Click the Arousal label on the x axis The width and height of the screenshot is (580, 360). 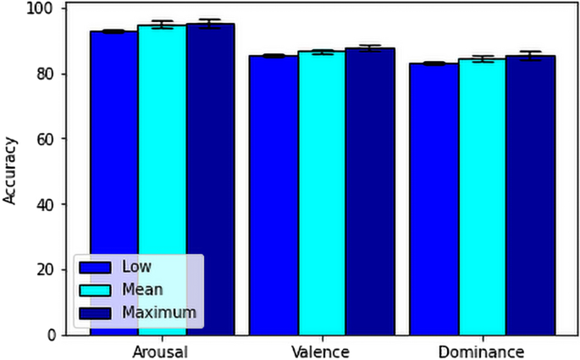160,351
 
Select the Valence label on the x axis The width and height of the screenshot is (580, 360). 321,351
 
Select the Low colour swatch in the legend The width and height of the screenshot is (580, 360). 96,267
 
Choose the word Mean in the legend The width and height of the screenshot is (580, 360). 141,290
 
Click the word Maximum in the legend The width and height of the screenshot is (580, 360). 158,313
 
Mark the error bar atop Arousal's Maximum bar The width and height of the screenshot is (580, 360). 210,24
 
